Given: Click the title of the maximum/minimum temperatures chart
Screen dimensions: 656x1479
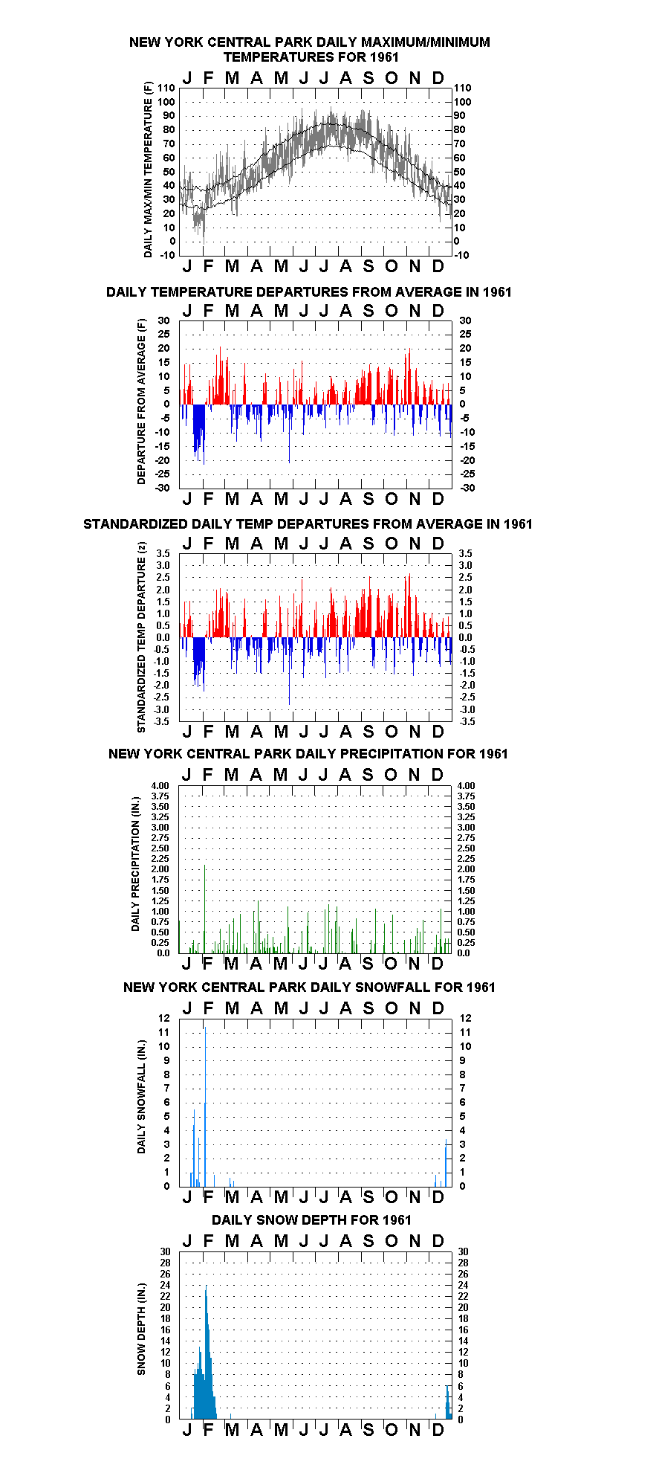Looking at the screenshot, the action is click(x=310, y=49).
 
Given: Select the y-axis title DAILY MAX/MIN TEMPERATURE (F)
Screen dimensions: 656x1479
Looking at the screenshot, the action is click(x=148, y=170).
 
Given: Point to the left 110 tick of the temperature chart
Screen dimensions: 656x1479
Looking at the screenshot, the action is click(x=168, y=88).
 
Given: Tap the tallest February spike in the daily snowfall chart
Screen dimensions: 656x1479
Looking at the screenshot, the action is click(x=205, y=1106).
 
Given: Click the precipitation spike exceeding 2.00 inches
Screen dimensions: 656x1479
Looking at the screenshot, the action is click(x=204, y=908).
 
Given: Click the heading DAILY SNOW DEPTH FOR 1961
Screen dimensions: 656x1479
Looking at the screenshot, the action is click(x=311, y=1219).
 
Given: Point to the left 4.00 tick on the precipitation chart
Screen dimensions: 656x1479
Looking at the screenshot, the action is click(x=160, y=785).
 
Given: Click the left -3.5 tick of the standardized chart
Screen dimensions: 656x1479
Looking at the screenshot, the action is click(x=163, y=721).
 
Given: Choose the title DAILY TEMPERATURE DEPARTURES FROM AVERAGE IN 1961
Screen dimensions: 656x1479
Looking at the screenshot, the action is click(x=309, y=291).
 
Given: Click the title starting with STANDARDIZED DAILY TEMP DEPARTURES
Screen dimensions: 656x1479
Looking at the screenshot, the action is click(x=308, y=523).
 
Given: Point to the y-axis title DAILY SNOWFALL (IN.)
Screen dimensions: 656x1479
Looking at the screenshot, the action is click(x=141, y=1097).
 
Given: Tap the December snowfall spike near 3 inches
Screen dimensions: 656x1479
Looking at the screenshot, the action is click(x=446, y=1162).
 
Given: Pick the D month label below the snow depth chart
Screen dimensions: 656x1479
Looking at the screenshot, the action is click(x=438, y=1429).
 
